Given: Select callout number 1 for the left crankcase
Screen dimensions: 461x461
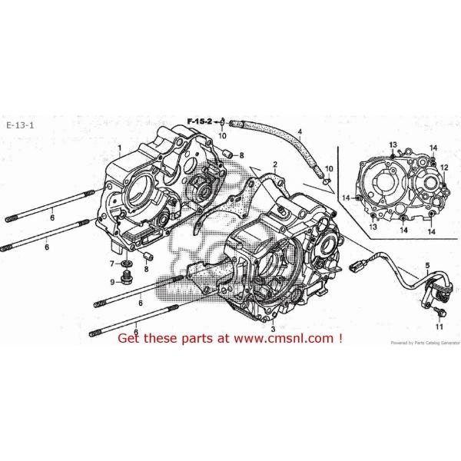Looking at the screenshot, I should (x=119, y=146).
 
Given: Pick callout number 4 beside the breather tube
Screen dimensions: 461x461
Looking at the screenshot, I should (x=300, y=131).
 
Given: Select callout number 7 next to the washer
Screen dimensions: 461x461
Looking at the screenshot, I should (x=113, y=264).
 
